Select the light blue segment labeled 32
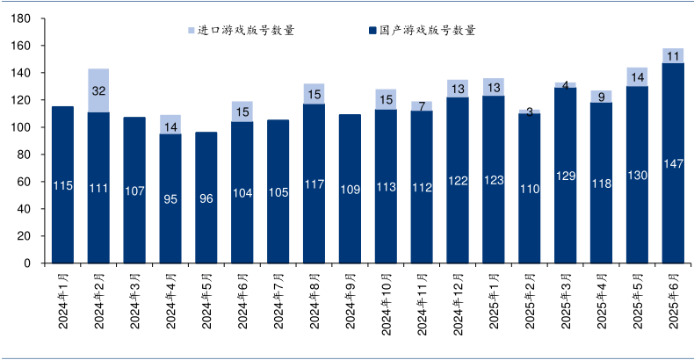pos(98,90)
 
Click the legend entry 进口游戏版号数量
pos(241,31)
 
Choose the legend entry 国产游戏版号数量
pos(421,31)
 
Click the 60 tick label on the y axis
pos(26,182)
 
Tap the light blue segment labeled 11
pos(673,55)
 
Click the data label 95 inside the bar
pos(170,199)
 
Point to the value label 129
pos(565,176)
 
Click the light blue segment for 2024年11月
pos(422,106)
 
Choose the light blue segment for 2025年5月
pos(637,76)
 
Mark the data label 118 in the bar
pos(601,184)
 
